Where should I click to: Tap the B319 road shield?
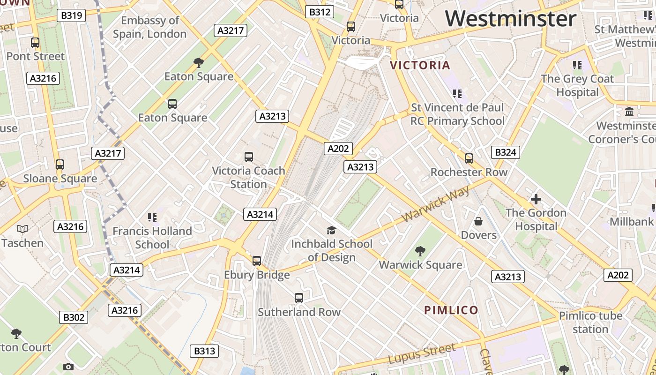(72, 15)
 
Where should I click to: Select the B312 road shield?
(320, 12)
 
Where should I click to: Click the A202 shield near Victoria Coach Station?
(338, 149)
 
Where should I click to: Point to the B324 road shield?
(505, 152)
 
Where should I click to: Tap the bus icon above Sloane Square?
(60, 165)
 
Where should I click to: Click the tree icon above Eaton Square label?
(199, 62)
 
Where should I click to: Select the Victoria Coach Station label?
(248, 177)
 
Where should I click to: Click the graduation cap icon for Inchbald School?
(331, 230)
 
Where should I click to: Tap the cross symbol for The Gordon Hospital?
(536, 199)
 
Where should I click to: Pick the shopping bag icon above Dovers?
(478, 221)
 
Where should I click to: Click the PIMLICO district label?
(451, 310)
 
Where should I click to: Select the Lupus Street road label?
(422, 354)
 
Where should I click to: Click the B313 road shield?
(205, 351)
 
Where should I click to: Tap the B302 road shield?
(74, 317)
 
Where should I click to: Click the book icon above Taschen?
(22, 229)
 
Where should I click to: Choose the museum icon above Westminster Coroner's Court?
(629, 112)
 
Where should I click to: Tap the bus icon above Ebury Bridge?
(256, 261)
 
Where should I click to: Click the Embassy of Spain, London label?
(150, 27)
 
